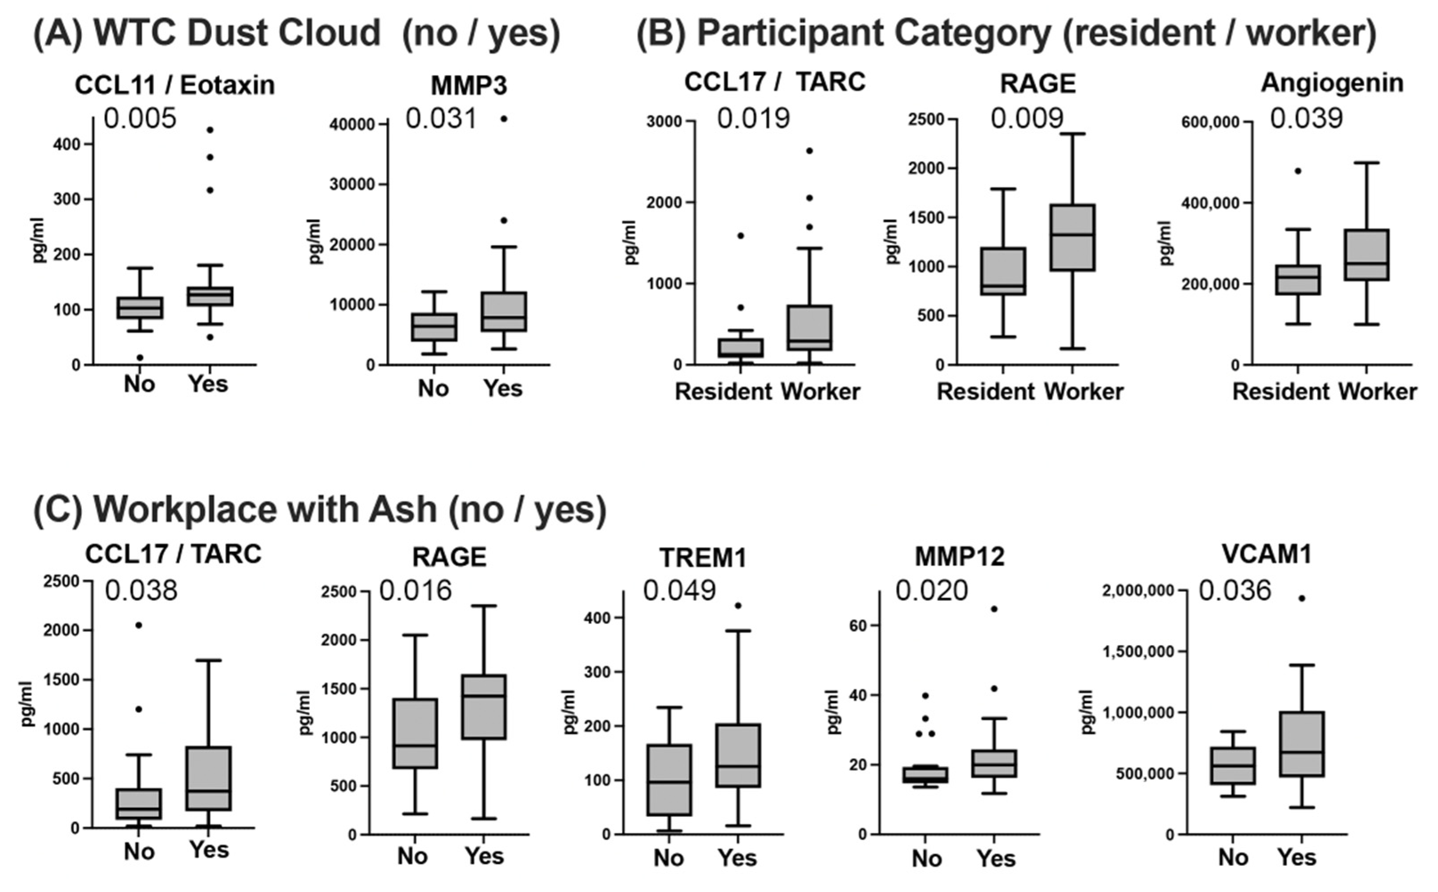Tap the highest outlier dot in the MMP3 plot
(x=504, y=119)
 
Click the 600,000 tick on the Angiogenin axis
(x=1209, y=122)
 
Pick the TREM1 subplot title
(x=703, y=558)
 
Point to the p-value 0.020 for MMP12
(x=932, y=591)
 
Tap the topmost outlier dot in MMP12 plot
(x=994, y=609)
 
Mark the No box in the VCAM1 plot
(x=1232, y=765)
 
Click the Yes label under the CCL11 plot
(x=208, y=384)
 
